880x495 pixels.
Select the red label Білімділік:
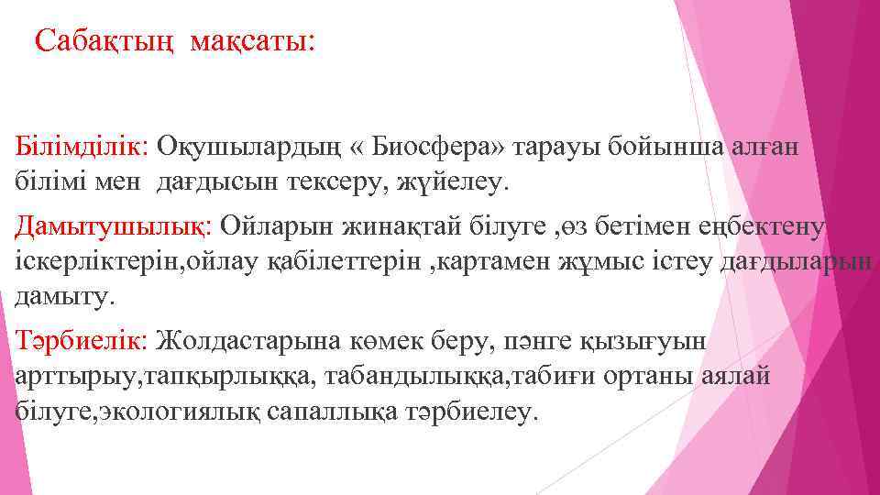click(83, 146)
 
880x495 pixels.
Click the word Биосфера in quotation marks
click(443, 146)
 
